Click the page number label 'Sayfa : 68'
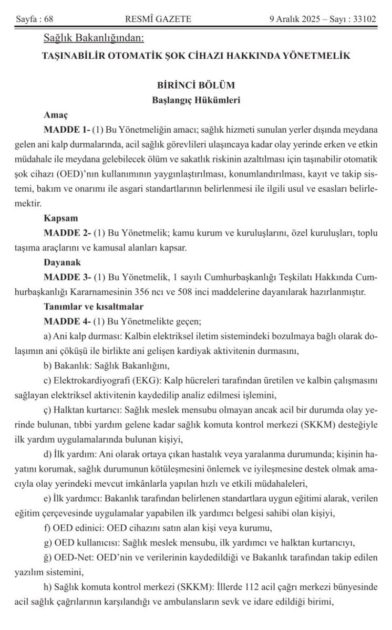[x=35, y=19]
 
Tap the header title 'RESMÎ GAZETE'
[x=158, y=19]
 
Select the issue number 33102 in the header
[x=365, y=19]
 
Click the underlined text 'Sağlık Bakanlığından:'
[x=94, y=38]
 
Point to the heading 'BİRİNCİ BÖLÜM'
[x=195, y=85]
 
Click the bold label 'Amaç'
[x=55, y=113]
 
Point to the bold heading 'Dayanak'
[x=61, y=261]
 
